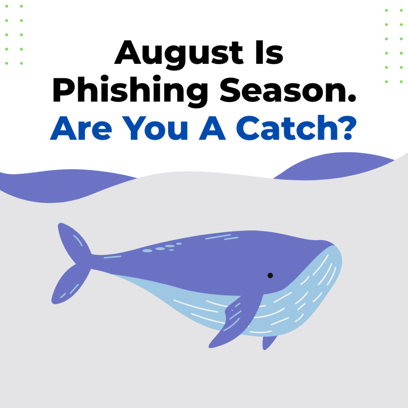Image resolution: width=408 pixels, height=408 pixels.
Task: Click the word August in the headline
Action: [x=179, y=54]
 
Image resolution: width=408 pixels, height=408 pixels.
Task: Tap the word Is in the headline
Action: [x=269, y=52]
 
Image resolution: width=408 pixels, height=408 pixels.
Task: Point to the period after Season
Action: [x=351, y=98]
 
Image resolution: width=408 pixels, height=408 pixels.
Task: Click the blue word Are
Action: [x=81, y=128]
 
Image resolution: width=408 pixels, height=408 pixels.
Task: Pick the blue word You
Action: [x=155, y=128]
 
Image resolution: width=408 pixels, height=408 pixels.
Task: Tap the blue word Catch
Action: [x=286, y=127]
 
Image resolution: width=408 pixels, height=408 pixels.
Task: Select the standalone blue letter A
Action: [x=212, y=128]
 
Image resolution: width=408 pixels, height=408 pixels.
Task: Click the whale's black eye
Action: [x=270, y=275]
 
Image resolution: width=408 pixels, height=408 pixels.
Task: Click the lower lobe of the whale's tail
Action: [x=70, y=285]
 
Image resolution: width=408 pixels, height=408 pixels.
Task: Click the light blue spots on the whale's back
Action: [x=162, y=247]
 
